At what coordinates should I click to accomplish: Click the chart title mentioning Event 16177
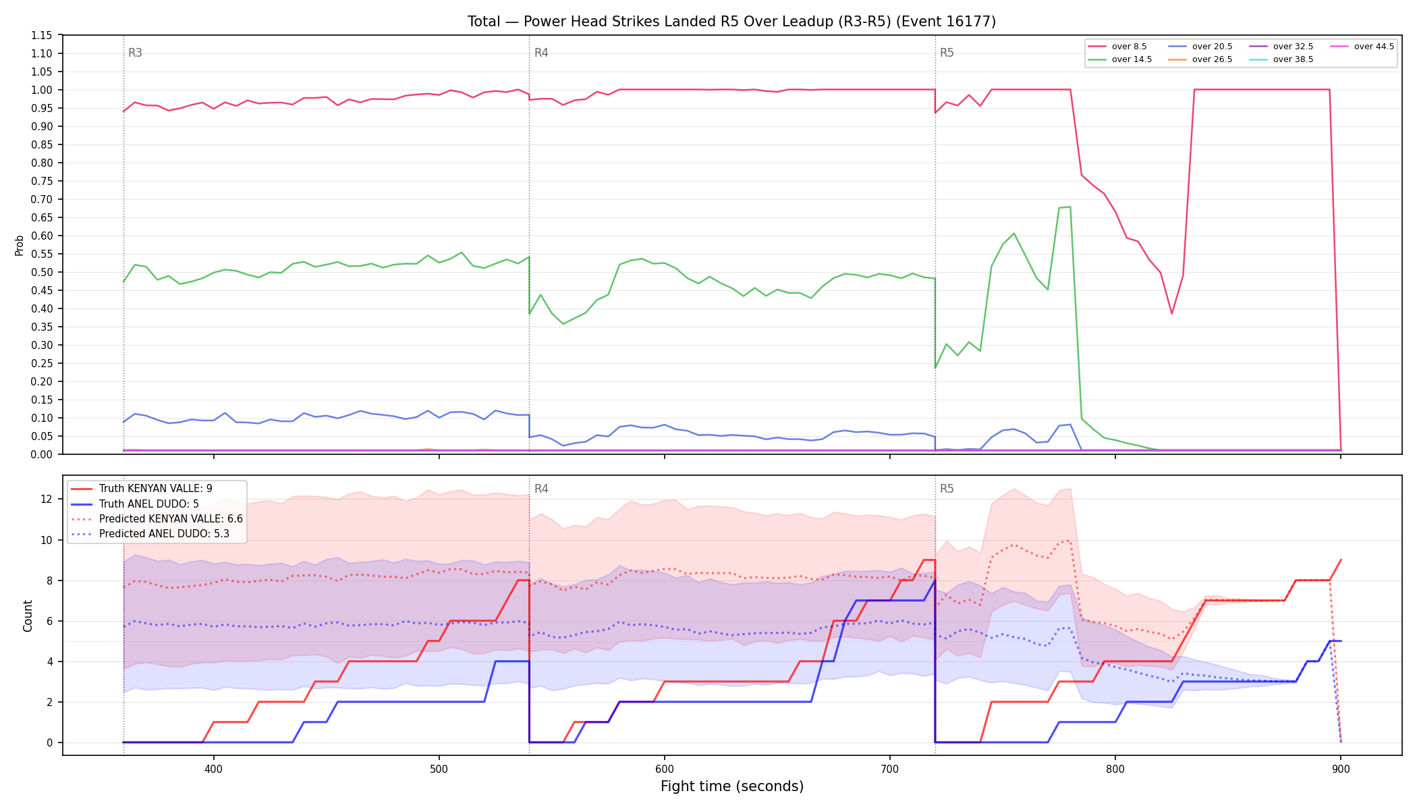731,22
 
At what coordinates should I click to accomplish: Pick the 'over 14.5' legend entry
1120,59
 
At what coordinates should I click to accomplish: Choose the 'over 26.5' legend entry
1200,59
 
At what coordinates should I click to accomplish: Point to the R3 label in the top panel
135,53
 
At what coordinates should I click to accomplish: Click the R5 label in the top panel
947,53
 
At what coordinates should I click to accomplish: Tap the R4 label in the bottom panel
541,489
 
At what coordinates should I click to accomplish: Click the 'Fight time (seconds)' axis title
732,786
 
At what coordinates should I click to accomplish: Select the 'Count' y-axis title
28,616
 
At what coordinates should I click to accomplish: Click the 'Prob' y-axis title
20,245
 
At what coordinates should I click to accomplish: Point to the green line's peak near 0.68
1070,207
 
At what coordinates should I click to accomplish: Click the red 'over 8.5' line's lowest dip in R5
1172,313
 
